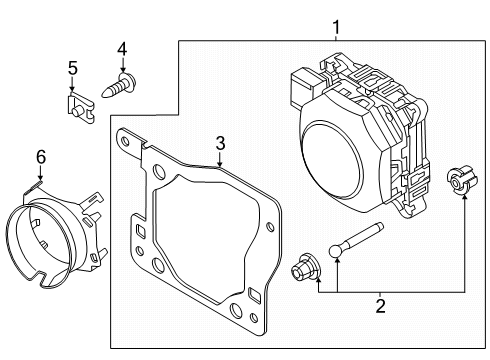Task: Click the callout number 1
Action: click(336, 27)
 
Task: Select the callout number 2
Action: click(380, 306)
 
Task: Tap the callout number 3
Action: click(220, 143)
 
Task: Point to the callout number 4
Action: click(122, 49)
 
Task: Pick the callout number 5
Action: click(73, 68)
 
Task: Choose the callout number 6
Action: click(41, 157)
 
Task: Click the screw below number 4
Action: click(119, 85)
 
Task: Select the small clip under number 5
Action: click(81, 107)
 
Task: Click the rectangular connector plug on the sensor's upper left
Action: click(304, 87)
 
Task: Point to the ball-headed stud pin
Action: click(355, 241)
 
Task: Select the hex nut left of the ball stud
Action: click(305, 268)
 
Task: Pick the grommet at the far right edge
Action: click(461, 181)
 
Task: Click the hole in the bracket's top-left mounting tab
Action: click(125, 140)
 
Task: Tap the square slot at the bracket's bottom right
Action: click(255, 296)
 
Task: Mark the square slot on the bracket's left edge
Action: click(141, 230)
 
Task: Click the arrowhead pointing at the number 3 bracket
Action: click(220, 163)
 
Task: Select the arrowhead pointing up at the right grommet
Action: click(464, 198)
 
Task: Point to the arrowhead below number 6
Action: click(40, 178)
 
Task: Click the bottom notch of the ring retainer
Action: click(41, 276)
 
